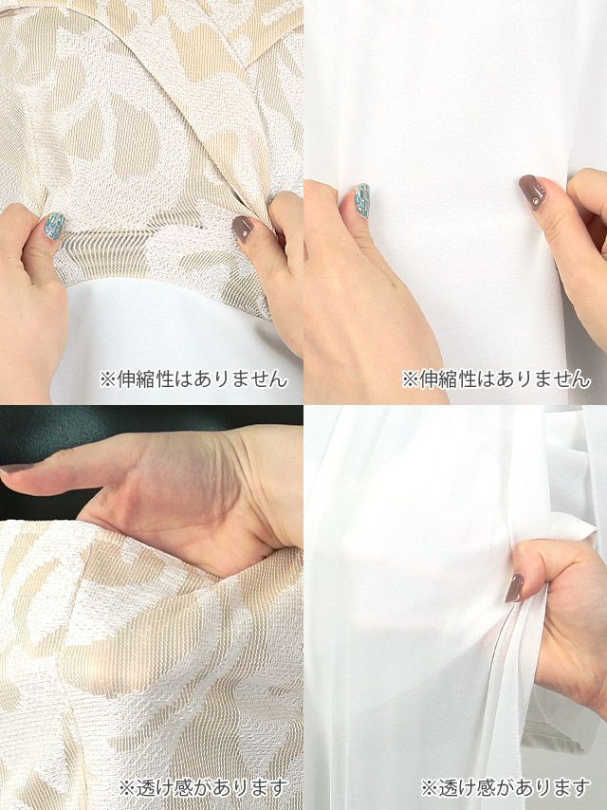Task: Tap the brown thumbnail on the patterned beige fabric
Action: coord(243,229)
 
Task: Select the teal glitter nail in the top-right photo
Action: coord(361,200)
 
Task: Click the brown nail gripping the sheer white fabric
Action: coord(515,588)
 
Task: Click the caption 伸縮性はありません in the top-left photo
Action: coord(193,379)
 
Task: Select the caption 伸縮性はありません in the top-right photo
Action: coord(496,379)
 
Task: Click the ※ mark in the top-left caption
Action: coord(107,379)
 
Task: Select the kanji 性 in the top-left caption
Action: coord(165,379)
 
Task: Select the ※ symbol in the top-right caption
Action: coord(410,379)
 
